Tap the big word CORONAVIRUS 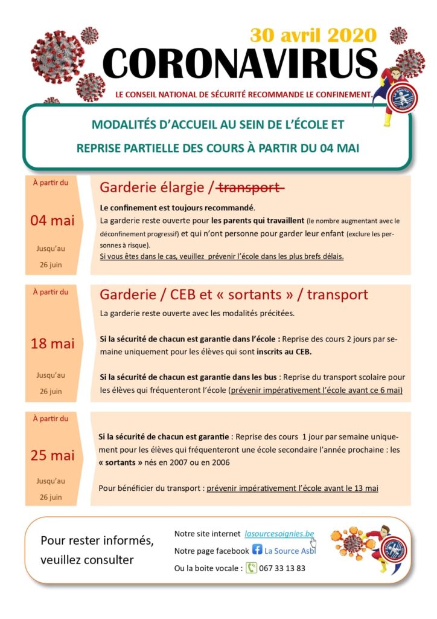pyautogui.click(x=240, y=63)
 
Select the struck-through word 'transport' pyautogui.click(x=251, y=189)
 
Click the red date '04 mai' pyautogui.click(x=53, y=220)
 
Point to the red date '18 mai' pyautogui.click(x=53, y=343)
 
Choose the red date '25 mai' pyautogui.click(x=53, y=455)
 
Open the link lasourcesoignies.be pyautogui.click(x=279, y=534)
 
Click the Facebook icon pyautogui.click(x=257, y=551)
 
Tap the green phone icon pyautogui.click(x=251, y=568)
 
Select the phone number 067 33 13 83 pyautogui.click(x=283, y=568)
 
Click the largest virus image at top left pyautogui.click(x=56, y=56)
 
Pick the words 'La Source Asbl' pyautogui.click(x=290, y=551)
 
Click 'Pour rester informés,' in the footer pyautogui.click(x=97, y=540)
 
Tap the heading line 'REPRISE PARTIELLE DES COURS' pyautogui.click(x=163, y=147)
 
